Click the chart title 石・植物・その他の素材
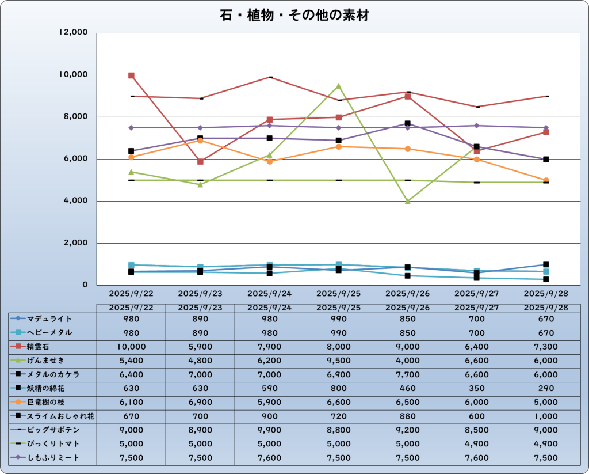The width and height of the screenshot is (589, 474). (x=294, y=16)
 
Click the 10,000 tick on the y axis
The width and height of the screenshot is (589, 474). (x=74, y=75)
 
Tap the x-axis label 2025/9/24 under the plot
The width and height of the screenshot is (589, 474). (x=269, y=293)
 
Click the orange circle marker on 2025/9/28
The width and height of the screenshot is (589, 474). (x=546, y=180)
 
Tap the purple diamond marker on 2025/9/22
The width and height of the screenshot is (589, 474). (x=131, y=128)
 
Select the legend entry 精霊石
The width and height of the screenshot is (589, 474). (x=48, y=347)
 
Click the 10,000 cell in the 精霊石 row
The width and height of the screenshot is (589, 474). (x=131, y=347)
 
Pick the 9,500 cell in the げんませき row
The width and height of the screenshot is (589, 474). (x=339, y=361)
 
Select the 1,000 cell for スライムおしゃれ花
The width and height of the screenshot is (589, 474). (x=546, y=416)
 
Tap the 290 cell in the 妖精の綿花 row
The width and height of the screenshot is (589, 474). (x=546, y=388)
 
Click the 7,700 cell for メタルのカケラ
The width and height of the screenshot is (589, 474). (x=408, y=374)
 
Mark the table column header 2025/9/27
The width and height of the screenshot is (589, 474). (x=477, y=308)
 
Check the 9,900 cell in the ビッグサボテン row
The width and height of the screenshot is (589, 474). (x=269, y=430)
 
